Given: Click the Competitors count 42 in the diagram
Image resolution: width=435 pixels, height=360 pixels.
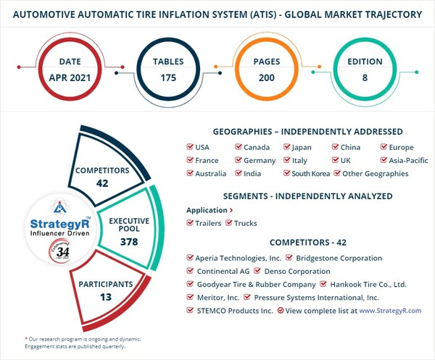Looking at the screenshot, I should [x=102, y=183].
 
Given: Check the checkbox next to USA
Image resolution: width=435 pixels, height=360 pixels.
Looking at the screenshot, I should [x=190, y=147].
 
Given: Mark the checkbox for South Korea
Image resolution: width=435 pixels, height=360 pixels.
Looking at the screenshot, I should [x=287, y=174].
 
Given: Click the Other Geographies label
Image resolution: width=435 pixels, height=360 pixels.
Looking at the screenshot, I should [x=376, y=174].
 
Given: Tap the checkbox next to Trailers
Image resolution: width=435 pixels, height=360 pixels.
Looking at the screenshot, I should [x=190, y=223].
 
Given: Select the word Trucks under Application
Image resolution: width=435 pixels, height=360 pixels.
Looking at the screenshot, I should [x=245, y=223].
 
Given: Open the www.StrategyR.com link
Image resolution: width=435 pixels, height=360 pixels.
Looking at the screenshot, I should [x=389, y=310].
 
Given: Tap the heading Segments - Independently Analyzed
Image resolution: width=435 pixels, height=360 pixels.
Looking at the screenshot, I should [x=307, y=196].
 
